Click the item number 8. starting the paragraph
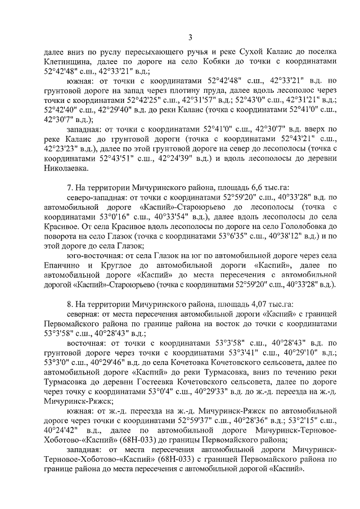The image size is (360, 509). [70, 303]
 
